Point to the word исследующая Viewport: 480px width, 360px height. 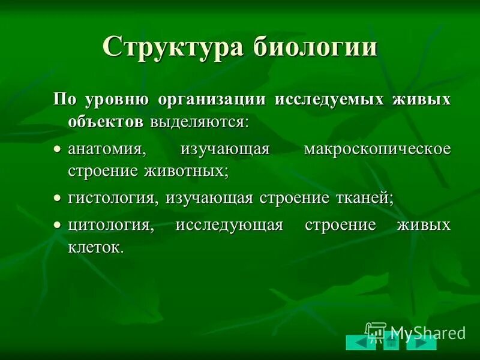pyautogui.click(x=229, y=226)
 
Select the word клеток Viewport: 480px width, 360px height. pyautogui.click(x=96, y=247)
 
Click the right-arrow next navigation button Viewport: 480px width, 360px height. pyautogui.click(x=421, y=343)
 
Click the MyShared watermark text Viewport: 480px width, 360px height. pyautogui.click(x=427, y=331)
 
